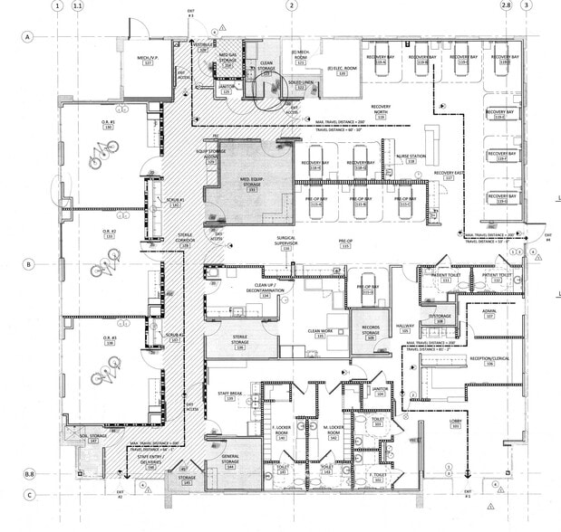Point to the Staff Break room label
tap(230, 393)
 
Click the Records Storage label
tap(370, 332)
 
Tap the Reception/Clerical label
tap(488, 360)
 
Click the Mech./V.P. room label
tap(147, 60)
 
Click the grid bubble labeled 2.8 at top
tap(507, 5)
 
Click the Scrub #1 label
tap(175, 201)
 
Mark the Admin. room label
tap(489, 313)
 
